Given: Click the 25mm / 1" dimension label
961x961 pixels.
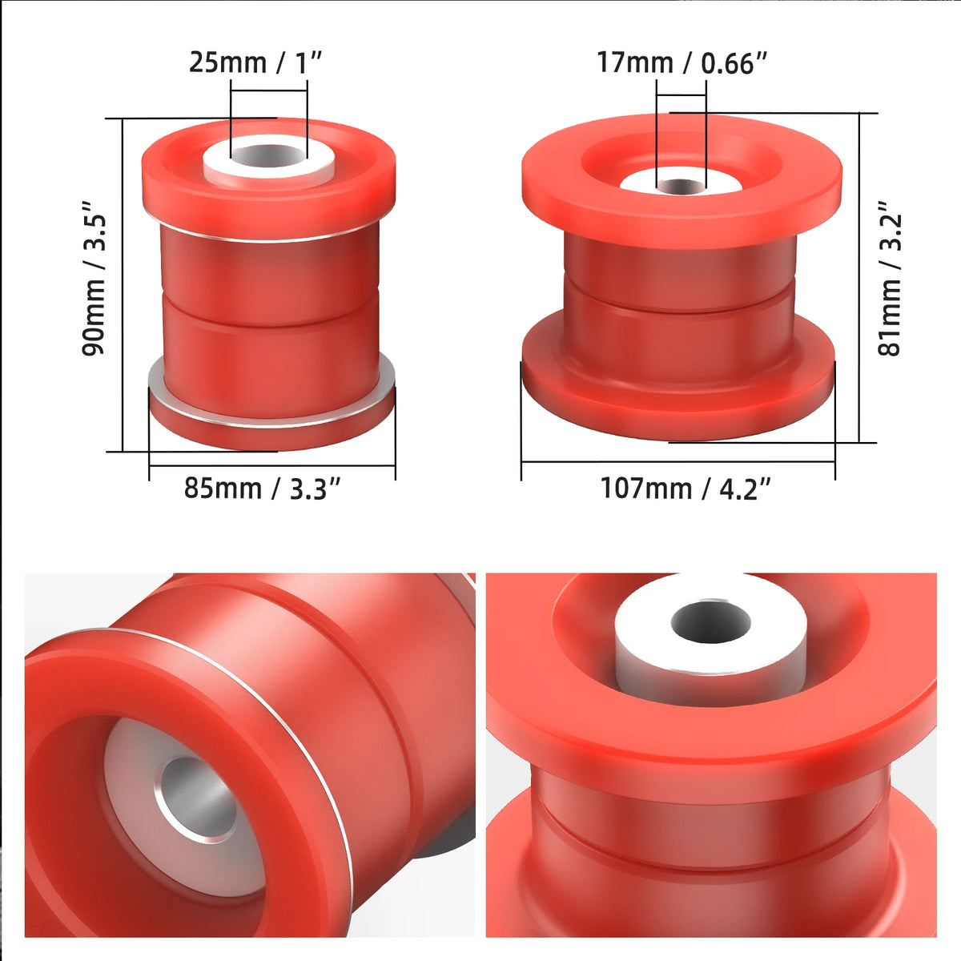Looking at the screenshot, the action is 255,63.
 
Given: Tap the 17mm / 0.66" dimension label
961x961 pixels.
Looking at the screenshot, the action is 682,63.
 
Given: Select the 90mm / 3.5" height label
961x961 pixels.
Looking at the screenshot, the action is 94,278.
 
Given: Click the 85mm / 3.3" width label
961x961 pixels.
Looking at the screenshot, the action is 263,489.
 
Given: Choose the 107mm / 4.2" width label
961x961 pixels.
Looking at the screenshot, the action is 686,489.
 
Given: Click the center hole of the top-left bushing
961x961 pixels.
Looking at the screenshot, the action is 269,156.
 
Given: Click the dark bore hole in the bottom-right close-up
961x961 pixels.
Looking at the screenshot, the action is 710,623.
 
